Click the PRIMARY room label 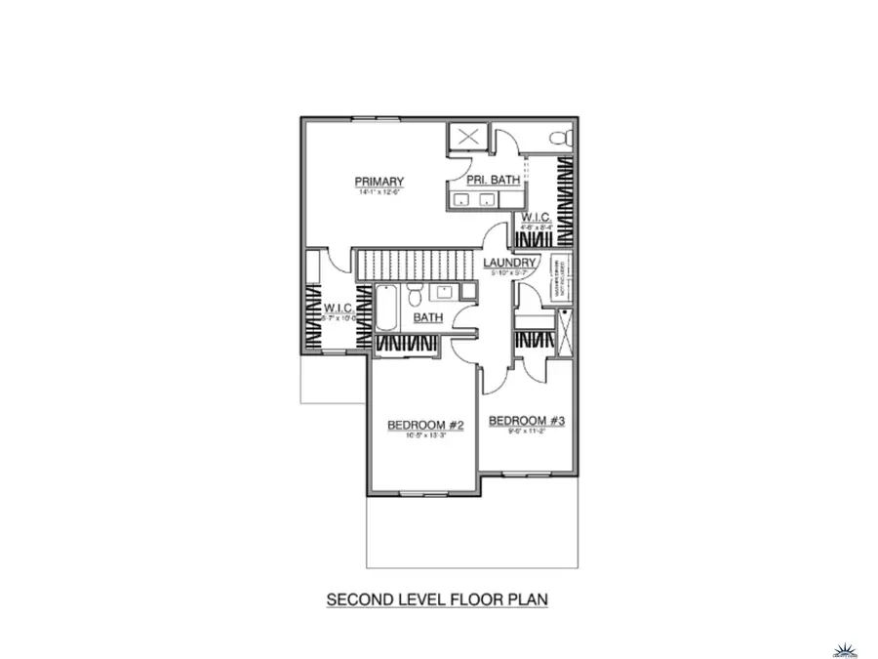(379, 182)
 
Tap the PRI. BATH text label (492, 180)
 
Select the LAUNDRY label (509, 264)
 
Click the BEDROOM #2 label (424, 425)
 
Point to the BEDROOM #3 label (527, 421)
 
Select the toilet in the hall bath (415, 294)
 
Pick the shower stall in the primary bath (466, 137)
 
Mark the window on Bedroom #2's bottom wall (421, 493)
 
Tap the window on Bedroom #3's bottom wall (527, 475)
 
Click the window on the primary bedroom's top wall (376, 119)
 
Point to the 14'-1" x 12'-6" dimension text (379, 193)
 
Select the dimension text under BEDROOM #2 (424, 436)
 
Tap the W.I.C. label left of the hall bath (338, 308)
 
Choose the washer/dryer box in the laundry (561, 278)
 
